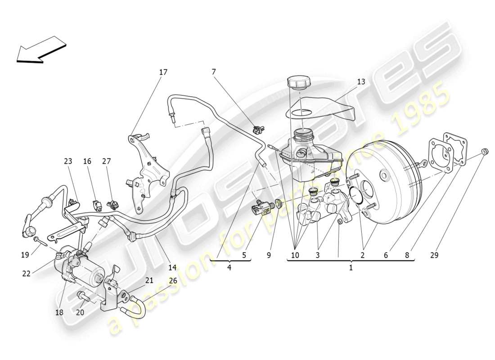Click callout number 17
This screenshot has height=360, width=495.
[x=163, y=72]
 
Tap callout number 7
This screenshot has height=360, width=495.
[x=213, y=72]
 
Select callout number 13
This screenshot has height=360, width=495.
[x=361, y=81]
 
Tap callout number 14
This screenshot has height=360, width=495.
[x=173, y=267]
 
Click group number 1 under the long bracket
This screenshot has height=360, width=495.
[x=351, y=268]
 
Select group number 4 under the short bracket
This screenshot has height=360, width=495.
[x=229, y=268]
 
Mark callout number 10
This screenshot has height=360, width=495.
[x=295, y=255]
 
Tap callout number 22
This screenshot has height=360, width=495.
[x=26, y=273]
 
